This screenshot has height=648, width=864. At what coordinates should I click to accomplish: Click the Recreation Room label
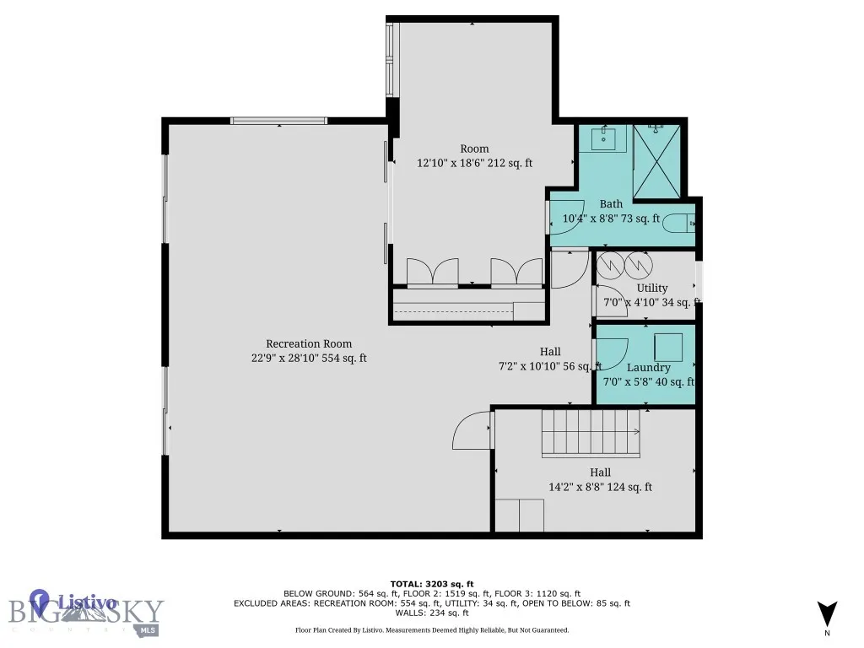[x=309, y=343]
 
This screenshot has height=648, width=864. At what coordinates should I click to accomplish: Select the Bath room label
[x=611, y=204]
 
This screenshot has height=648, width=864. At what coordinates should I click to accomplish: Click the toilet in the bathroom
[x=678, y=224]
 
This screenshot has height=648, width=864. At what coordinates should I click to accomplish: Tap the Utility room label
[x=651, y=288]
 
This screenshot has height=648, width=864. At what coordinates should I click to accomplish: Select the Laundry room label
[x=648, y=367]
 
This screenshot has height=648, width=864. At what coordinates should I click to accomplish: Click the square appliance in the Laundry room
[x=669, y=347]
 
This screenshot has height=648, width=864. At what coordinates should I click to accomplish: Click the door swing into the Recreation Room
[x=472, y=431]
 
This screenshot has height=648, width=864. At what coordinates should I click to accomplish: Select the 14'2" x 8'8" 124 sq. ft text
[x=600, y=487]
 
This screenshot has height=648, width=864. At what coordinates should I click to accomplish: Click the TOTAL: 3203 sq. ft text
[x=431, y=584]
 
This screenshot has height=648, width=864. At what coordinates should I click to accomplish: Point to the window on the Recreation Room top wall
[x=279, y=121]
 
